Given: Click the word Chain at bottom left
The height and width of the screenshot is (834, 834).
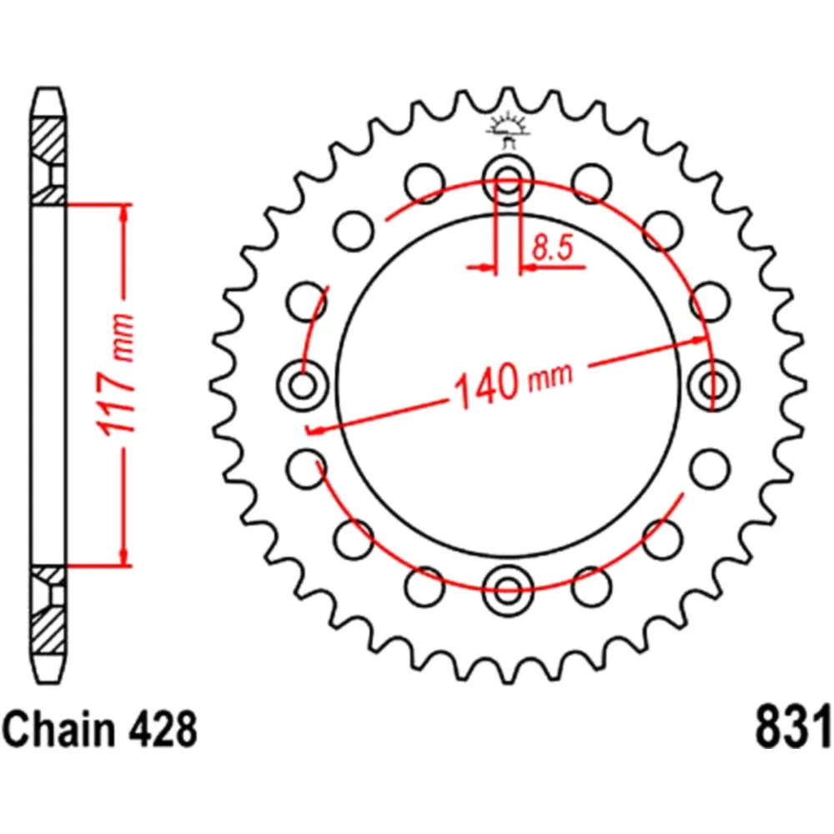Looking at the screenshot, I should coord(54,729).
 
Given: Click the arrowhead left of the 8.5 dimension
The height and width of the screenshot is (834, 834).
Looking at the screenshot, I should coord(485,268).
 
